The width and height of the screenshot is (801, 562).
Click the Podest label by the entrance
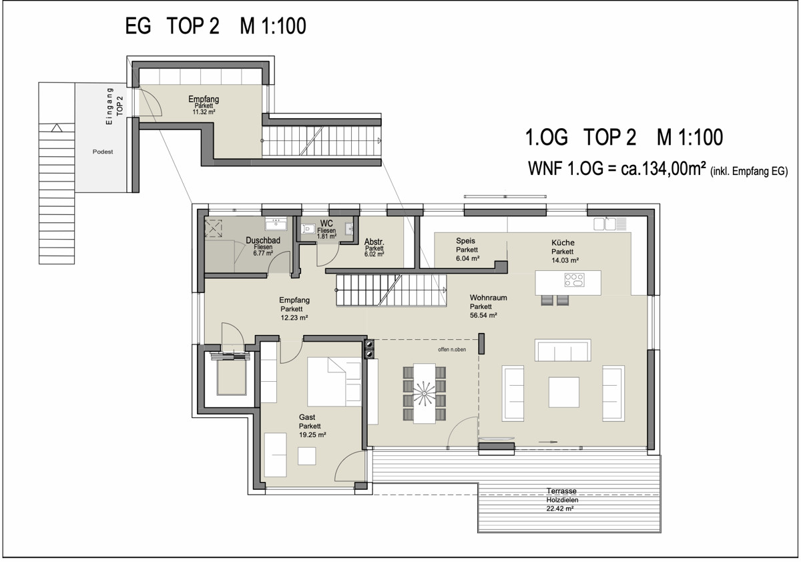point(103,152)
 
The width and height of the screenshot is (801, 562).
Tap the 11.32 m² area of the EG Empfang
point(204,112)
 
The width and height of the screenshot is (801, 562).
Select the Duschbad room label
point(263,240)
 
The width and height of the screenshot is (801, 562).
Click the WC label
point(326,224)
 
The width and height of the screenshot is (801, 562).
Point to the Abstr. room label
point(374,242)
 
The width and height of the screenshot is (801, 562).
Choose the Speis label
point(466,240)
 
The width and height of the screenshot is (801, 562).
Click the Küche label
point(563,243)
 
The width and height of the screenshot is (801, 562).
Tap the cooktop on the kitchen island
point(574,280)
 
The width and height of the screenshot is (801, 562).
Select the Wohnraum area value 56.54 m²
point(483,315)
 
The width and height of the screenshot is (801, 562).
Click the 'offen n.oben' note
point(452,350)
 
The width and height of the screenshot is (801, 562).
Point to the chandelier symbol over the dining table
point(424,394)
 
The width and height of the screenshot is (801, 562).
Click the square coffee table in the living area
point(564,392)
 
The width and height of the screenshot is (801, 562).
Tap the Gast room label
point(307,417)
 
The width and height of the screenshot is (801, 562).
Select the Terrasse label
point(561,491)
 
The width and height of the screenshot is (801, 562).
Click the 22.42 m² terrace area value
point(560,509)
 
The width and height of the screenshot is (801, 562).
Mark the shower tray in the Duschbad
point(213,228)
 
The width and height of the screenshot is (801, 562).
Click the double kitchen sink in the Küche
point(605,224)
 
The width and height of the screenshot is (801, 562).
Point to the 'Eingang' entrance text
point(109,106)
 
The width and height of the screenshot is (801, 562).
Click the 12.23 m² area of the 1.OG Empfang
point(294,318)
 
